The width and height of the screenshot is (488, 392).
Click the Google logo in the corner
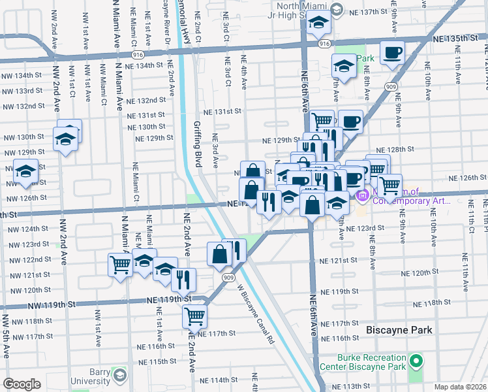click(22, 384)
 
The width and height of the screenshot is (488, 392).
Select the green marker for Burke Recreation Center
click(415, 361)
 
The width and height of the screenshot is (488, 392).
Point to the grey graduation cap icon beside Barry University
click(120, 375)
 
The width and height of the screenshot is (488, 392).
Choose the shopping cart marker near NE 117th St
click(195, 316)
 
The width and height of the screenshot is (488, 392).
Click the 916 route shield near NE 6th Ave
click(324, 42)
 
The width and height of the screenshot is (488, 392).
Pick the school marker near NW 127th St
click(26, 171)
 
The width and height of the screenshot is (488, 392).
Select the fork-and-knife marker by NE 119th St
click(184, 279)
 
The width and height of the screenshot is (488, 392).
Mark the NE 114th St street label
click(219, 380)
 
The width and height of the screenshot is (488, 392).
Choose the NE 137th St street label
click(369, 12)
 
